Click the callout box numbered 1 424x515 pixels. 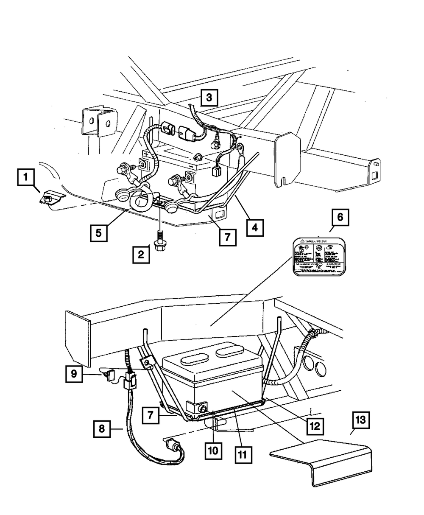(26, 177)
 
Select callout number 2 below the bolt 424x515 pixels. (140, 255)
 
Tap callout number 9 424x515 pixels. (74, 374)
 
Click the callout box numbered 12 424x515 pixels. (314, 424)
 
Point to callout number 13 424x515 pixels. (360, 423)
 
